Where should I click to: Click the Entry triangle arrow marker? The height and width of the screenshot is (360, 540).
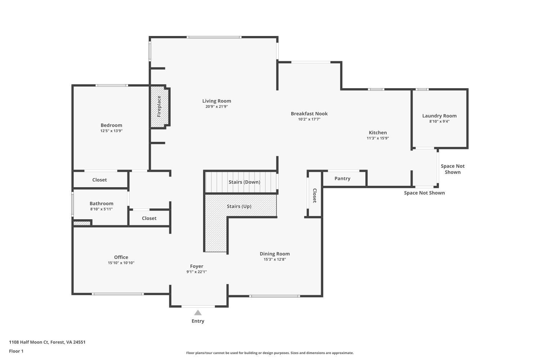[198, 312]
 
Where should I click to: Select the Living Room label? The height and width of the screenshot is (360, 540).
[216, 101]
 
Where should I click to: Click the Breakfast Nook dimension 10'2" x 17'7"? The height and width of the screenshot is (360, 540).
[309, 119]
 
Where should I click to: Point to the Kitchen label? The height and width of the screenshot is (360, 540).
[378, 132]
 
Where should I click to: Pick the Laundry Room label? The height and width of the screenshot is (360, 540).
[439, 116]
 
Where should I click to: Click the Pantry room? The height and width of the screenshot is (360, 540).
[342, 179]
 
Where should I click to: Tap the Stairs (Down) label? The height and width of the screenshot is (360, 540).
[244, 182]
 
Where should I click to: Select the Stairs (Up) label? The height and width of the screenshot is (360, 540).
[239, 206]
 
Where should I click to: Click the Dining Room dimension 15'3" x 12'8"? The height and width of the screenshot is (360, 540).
[275, 259]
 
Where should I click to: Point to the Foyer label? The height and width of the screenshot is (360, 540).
[197, 266]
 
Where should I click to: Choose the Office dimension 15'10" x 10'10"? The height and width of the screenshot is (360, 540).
[121, 263]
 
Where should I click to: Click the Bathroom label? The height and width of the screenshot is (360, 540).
[102, 204]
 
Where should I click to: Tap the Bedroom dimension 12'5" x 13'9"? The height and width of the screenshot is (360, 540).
[111, 131]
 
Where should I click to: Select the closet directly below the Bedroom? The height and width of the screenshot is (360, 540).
[100, 180]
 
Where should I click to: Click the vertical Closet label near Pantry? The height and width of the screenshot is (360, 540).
[314, 195]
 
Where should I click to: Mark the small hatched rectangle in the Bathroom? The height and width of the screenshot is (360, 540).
[82, 224]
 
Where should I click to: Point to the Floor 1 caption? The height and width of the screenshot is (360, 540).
[16, 351]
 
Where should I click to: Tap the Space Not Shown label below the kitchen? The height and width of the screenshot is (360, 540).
[424, 193]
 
